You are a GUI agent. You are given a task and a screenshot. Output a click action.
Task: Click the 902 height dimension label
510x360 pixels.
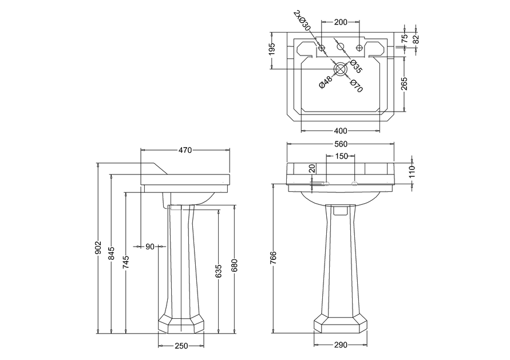coord(98,248)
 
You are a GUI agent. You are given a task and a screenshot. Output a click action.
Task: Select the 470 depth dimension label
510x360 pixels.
coord(185,150)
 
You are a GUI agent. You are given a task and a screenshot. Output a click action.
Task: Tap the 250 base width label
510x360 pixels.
coord(181,346)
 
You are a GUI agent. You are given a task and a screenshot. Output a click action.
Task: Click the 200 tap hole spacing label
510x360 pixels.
coord(341,22)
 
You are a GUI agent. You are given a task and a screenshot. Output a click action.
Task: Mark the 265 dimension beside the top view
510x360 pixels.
coord(405,84)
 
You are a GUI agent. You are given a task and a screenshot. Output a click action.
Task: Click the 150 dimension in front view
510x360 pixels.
coord(341,156)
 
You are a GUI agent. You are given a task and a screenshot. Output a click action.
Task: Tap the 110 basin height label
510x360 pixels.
coord(411,171)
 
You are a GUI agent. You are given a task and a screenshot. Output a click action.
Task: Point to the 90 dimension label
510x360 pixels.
coord(150,247)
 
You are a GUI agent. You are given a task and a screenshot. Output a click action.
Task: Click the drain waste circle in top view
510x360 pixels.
coord(341,69)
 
